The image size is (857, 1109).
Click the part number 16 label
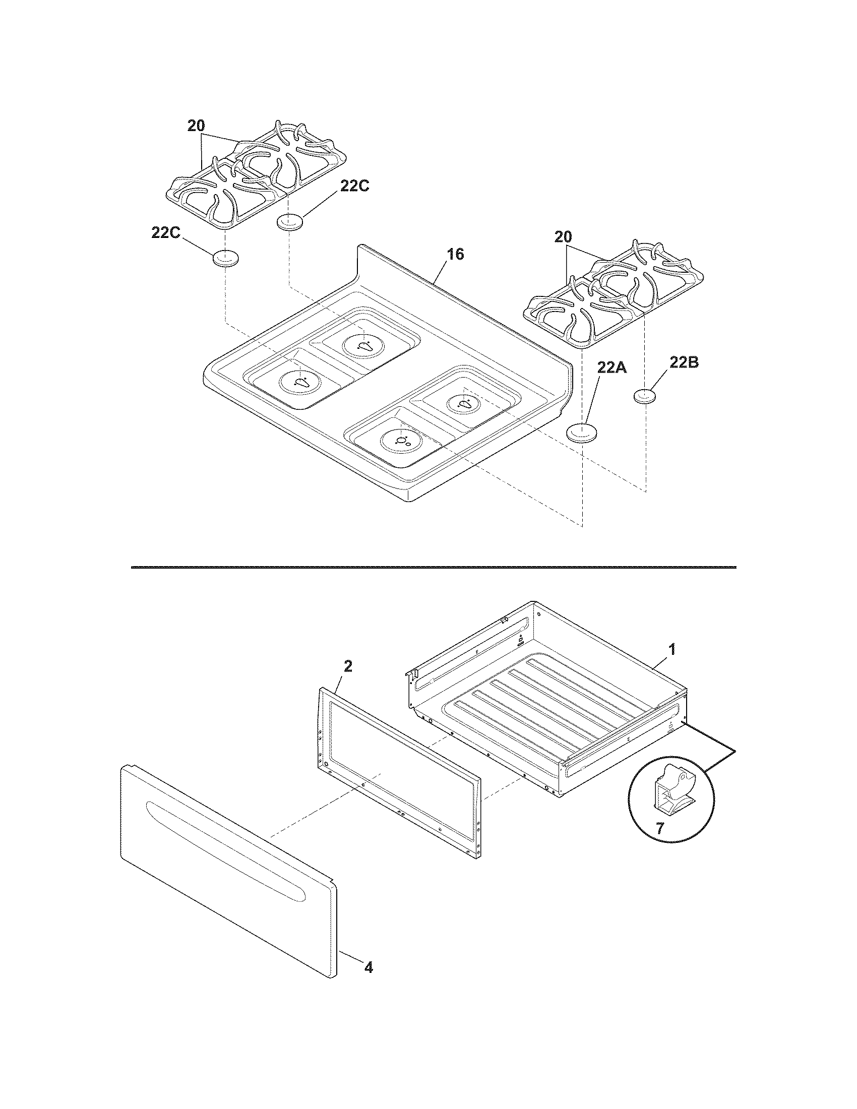(x=456, y=255)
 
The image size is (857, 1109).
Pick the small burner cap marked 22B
(x=645, y=397)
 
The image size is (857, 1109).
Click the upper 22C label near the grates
(x=354, y=187)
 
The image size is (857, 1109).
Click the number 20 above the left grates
(x=197, y=126)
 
